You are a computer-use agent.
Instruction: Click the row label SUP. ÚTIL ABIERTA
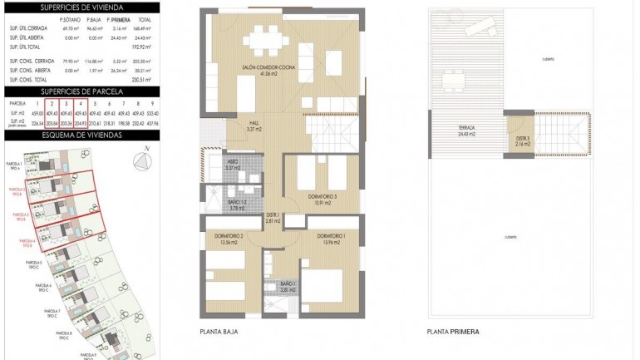click(x=27, y=37)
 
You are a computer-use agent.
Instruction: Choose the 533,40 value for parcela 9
click(x=152, y=113)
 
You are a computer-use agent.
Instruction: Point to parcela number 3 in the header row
click(x=66, y=104)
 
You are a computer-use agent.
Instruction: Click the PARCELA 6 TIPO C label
click(x=45, y=287)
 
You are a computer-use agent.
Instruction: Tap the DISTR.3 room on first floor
click(x=522, y=141)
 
